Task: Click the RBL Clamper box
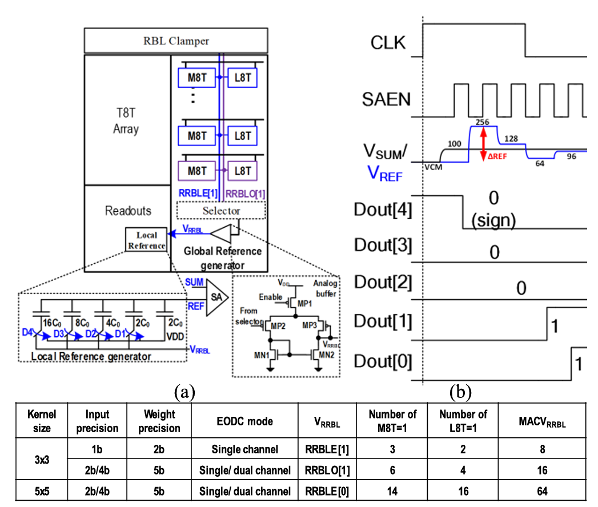175,41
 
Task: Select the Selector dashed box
221,210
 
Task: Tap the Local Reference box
146,240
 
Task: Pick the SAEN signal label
387,100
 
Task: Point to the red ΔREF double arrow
483,143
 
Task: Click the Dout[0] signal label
382,361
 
